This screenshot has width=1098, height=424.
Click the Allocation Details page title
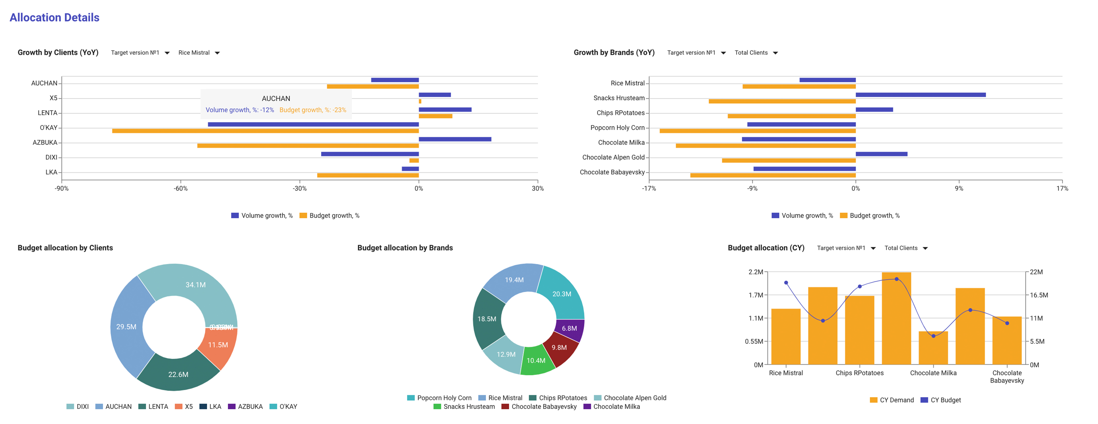(54, 18)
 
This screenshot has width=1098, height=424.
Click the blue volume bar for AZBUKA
(455, 139)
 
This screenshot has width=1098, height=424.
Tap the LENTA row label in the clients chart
(47, 113)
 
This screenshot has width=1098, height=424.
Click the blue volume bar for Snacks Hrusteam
(920, 95)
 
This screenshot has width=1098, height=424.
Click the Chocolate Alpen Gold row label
(613, 157)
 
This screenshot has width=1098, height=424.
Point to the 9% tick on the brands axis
(959, 188)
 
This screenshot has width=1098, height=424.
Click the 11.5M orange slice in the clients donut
(218, 345)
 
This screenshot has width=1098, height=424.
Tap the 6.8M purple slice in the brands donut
(569, 328)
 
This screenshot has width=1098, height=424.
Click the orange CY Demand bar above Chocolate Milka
(933, 348)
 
